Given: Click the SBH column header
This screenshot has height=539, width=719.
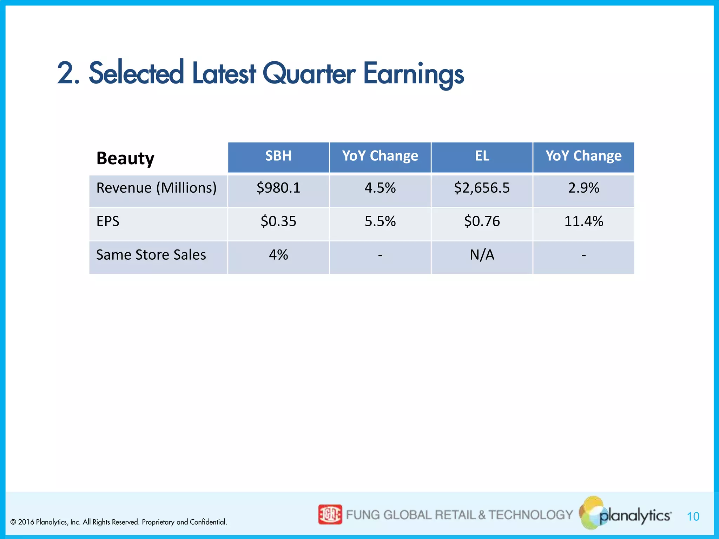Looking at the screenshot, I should point(278,156).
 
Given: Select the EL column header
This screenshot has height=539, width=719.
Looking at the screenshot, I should point(482,156).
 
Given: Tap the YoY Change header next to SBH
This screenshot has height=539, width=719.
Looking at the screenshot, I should point(380,156).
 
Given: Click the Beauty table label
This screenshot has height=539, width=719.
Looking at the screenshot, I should point(125,158).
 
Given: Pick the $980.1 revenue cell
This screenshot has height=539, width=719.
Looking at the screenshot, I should point(278,188).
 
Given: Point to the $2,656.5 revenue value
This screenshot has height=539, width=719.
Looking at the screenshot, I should point(482,188).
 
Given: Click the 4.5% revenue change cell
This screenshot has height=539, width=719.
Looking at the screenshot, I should point(380,188).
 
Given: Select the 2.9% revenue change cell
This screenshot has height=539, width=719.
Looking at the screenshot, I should point(583,188).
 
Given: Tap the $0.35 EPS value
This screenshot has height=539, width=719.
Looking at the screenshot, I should point(278,221).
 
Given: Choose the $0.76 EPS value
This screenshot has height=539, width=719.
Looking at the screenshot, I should point(482,221).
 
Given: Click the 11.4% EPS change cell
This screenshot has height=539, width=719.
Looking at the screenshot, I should point(583,221).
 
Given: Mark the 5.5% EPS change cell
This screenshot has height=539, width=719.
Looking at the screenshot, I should point(380,221).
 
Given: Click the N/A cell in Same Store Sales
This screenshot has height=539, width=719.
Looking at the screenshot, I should point(482,255).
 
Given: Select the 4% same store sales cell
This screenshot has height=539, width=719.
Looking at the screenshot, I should point(278,255).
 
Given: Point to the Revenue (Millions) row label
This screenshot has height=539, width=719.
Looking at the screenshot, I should point(156,188).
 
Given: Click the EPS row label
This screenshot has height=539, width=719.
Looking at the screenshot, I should point(108,221).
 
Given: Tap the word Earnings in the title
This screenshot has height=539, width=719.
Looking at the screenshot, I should point(413,74).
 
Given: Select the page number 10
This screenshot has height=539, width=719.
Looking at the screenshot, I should point(693,517).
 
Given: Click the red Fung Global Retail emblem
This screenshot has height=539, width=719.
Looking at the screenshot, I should point(330,514).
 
